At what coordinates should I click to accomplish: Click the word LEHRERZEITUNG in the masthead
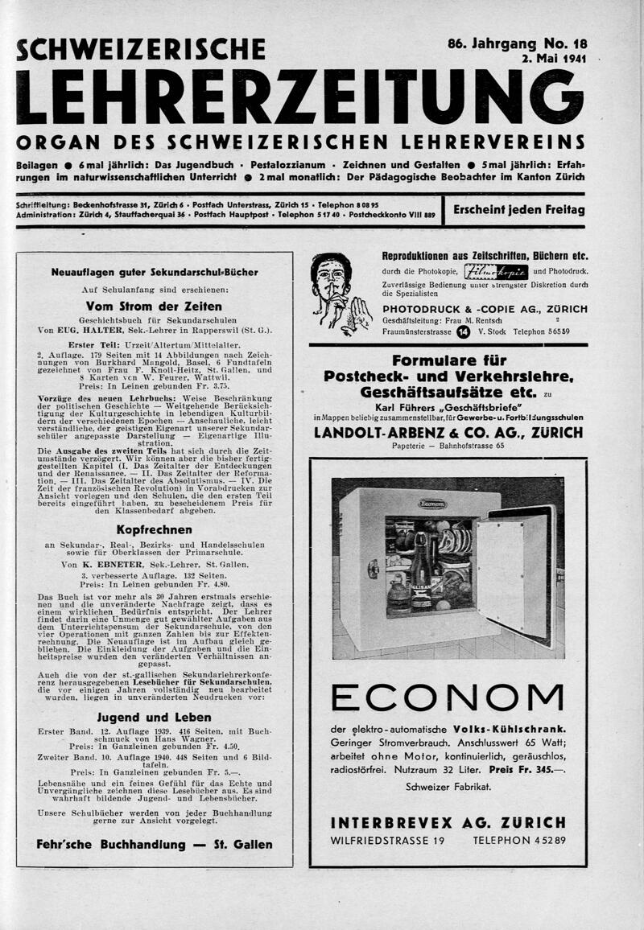tap(299, 97)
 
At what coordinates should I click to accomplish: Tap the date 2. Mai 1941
tap(554, 59)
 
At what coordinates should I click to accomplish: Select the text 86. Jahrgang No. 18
tap(517, 45)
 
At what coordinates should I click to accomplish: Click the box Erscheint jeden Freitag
tap(518, 210)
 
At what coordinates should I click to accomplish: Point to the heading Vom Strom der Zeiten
tap(154, 307)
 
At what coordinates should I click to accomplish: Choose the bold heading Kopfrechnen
tap(154, 530)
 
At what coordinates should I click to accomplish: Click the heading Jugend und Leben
tap(154, 717)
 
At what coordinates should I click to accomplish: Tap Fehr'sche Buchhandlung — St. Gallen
tap(154, 845)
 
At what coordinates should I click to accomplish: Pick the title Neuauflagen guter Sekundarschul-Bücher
tap(154, 272)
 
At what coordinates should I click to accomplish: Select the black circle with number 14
tap(463, 331)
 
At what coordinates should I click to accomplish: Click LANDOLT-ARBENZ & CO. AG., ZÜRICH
tap(448, 432)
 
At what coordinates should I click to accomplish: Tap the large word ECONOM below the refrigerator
tap(448, 697)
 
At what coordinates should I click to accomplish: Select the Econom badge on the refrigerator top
tap(431, 504)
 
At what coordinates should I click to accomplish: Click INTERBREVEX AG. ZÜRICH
tap(448, 822)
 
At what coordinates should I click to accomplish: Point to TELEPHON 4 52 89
tap(519, 841)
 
